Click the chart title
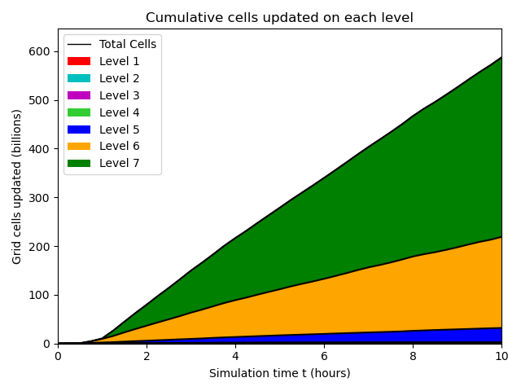[279, 17]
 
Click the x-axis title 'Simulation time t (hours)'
[279, 373]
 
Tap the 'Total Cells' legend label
[128, 44]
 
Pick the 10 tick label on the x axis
[501, 356]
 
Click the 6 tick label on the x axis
[324, 356]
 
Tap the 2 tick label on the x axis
[147, 356]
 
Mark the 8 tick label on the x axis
[413, 356]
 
